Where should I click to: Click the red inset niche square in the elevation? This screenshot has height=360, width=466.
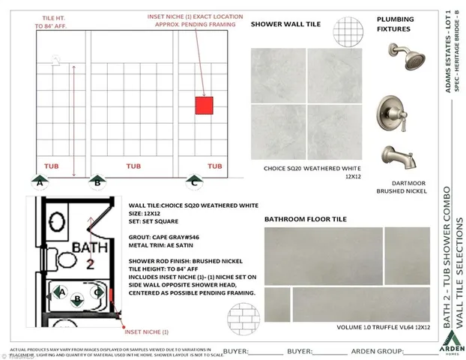(204, 105)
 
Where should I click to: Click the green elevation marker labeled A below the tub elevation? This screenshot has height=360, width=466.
(40, 180)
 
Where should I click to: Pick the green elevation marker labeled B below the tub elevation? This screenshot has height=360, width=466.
(96, 180)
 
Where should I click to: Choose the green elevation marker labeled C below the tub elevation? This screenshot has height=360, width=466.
(194, 180)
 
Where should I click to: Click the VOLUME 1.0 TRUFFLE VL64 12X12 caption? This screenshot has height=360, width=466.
(383, 327)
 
